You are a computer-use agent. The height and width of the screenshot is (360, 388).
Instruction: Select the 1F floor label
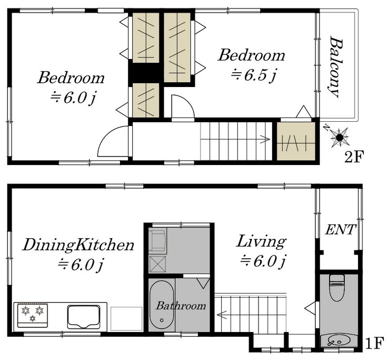375,343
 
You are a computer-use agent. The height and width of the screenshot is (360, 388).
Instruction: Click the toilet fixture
337,287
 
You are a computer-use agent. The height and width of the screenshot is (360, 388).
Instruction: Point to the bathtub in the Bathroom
162,305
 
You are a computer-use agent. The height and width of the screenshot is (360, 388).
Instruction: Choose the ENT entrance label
341,230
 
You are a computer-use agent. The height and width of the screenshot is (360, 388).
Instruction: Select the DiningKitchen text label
78,245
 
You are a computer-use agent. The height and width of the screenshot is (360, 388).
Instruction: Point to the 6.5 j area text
253,75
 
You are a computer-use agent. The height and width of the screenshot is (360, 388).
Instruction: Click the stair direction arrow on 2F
235,139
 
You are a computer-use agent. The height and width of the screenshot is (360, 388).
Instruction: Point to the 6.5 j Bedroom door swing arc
187,102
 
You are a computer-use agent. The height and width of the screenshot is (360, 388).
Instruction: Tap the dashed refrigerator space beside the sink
126,318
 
